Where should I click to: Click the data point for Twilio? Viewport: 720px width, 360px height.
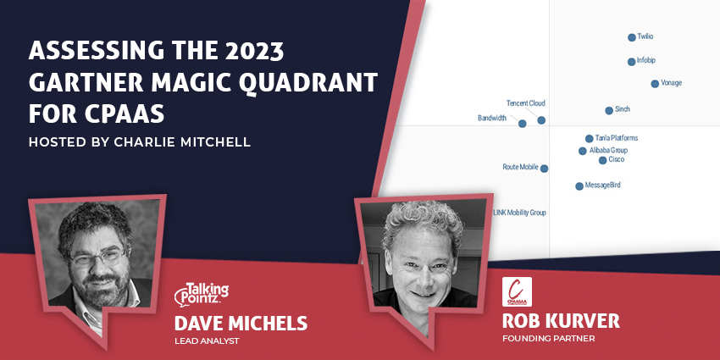(631, 37)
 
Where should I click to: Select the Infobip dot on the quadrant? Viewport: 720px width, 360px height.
(631, 62)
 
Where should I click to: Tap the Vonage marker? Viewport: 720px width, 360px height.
(655, 84)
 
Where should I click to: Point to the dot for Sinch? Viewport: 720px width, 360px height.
(609, 111)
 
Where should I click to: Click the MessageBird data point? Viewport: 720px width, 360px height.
(579, 186)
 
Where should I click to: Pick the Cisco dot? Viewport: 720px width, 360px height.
(602, 160)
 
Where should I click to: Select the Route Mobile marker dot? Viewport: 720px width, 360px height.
(544, 169)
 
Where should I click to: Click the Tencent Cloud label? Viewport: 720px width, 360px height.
(525, 103)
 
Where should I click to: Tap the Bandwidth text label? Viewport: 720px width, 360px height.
(492, 119)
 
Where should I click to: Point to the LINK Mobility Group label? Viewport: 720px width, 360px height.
(519, 213)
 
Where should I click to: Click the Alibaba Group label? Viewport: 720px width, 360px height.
(608, 150)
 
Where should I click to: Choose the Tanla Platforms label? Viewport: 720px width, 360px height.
(616, 137)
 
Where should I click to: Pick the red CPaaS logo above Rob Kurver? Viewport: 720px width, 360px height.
(517, 291)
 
